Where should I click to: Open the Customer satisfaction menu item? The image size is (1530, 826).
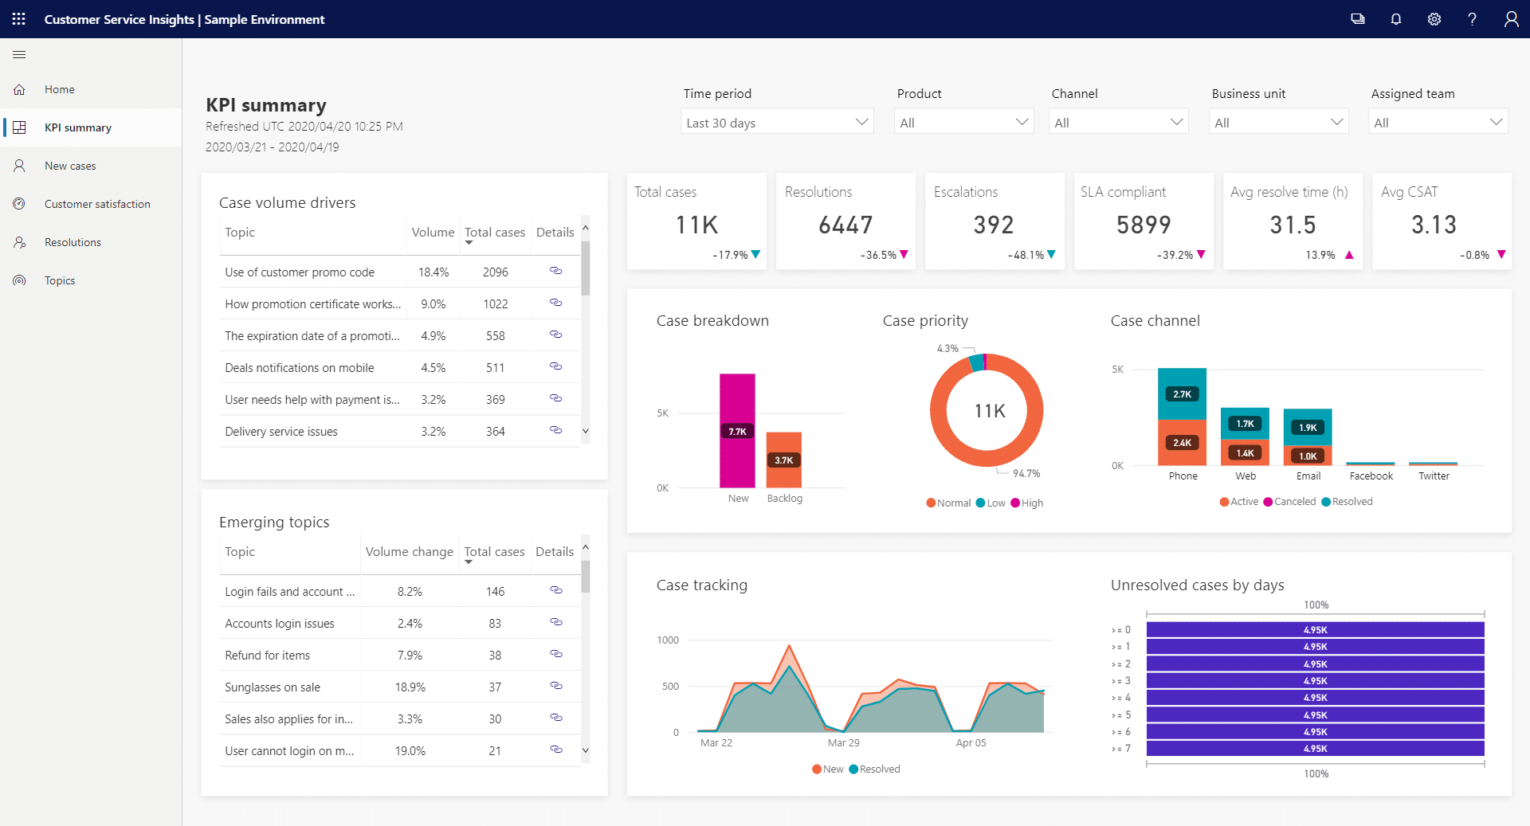[x=97, y=204]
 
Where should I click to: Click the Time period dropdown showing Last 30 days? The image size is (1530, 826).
[x=776, y=123]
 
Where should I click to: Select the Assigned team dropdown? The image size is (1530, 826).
[x=1438, y=123]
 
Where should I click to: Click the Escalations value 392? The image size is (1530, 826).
[x=993, y=225]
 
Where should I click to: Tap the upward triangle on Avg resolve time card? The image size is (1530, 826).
[x=1349, y=255]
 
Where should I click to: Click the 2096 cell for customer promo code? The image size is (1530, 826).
[x=495, y=272]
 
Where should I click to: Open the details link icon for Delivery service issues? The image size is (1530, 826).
[x=555, y=430]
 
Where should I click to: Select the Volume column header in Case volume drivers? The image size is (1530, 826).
[x=433, y=233]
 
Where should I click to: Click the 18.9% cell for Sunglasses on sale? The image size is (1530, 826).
[x=410, y=687]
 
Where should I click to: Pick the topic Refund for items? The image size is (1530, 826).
[x=268, y=656]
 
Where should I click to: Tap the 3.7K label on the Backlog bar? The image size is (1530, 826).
[x=784, y=460]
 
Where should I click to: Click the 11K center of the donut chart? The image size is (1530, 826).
[x=989, y=411]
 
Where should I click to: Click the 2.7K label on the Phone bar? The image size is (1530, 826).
[x=1182, y=394]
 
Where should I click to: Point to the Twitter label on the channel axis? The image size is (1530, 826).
[x=1434, y=476]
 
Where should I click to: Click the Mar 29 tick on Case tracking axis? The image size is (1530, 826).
[x=843, y=743]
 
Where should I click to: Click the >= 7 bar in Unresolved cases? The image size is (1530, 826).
[x=1315, y=749]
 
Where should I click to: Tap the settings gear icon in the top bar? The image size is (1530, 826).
[x=1434, y=19]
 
